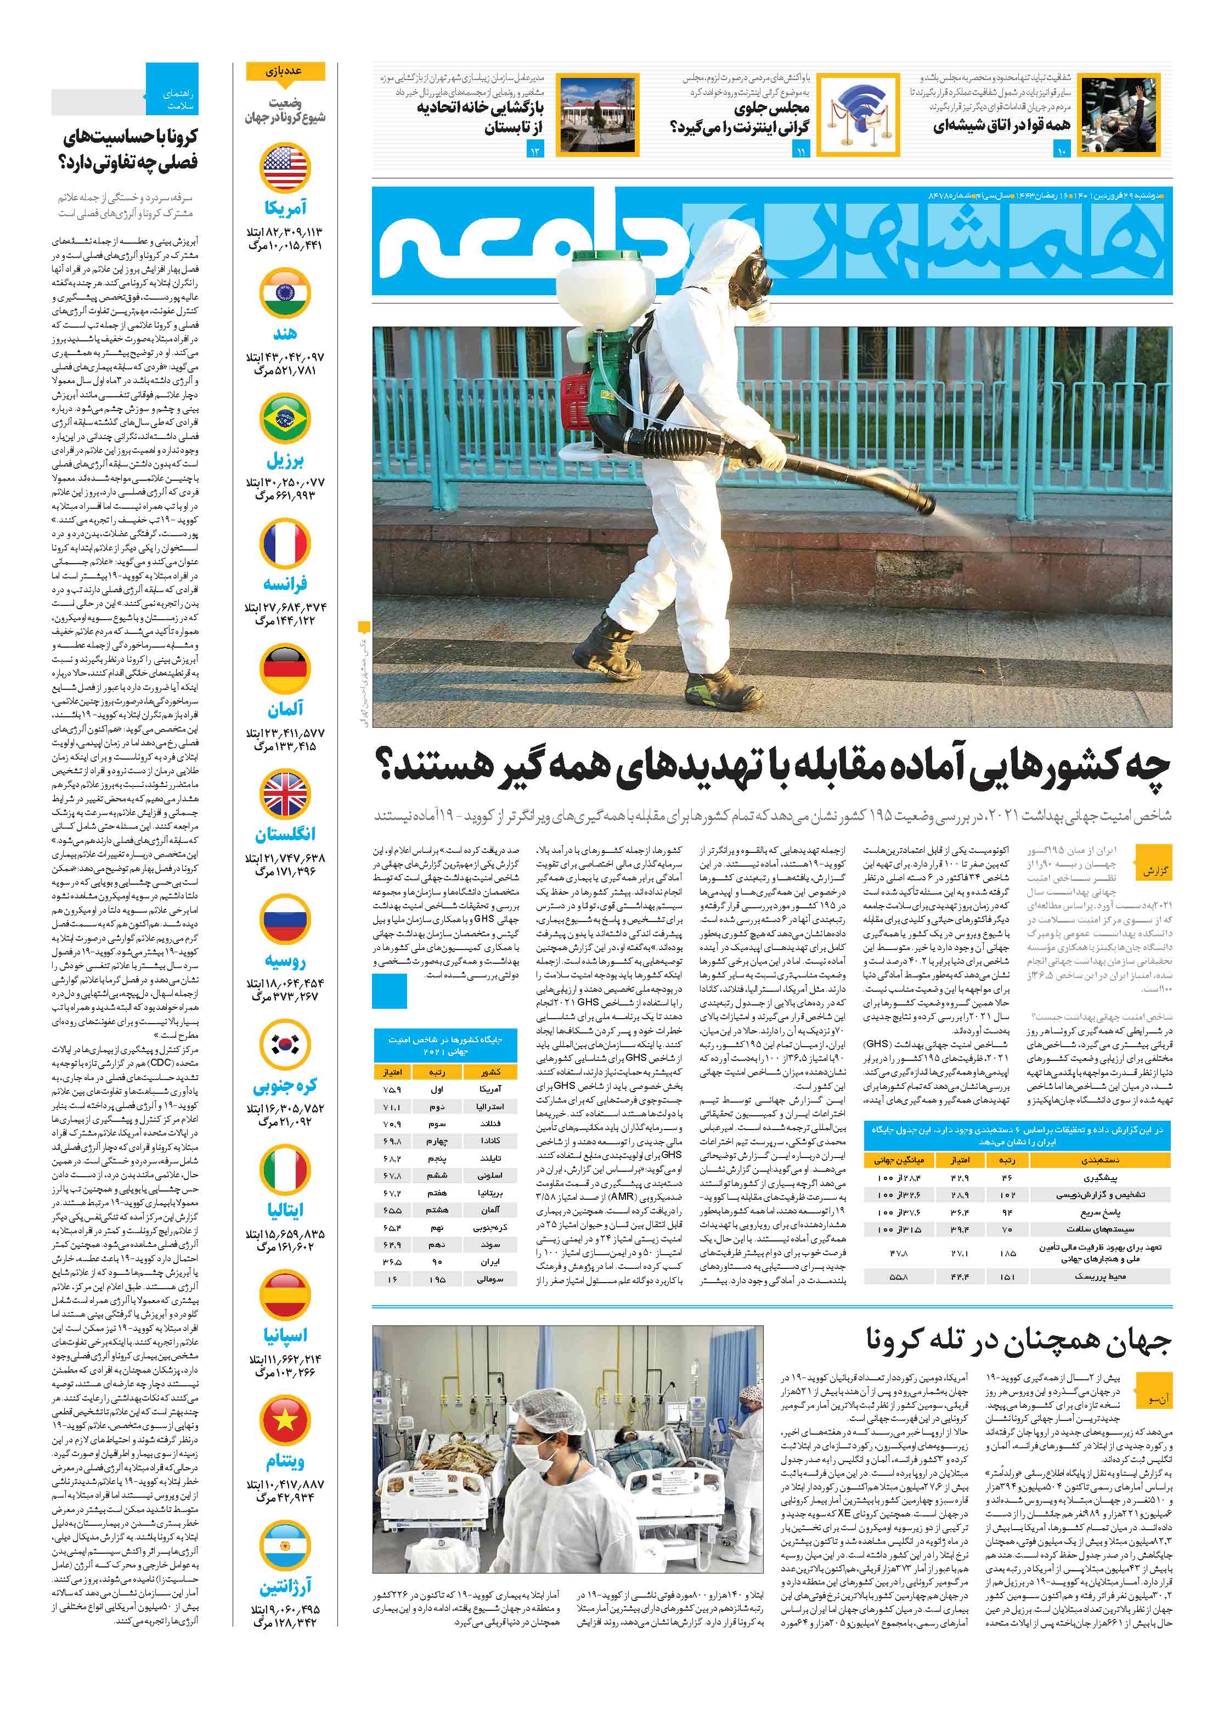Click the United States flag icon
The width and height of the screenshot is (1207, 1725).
click(285, 167)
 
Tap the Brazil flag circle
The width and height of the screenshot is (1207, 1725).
click(285, 418)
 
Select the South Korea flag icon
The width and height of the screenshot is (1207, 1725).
click(285, 1044)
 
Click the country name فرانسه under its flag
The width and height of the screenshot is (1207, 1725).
click(285, 584)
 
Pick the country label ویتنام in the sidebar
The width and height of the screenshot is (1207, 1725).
click(285, 1460)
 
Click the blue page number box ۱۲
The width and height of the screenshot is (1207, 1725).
click(535, 151)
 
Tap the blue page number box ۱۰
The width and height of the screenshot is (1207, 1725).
click(1061, 151)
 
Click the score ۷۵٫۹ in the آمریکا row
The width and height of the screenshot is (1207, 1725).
click(391, 1089)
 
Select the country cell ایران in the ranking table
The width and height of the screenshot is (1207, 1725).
click(490, 1261)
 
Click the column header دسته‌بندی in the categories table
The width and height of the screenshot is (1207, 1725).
click(1101, 1161)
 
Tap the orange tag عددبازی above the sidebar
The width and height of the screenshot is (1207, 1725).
click(285, 71)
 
